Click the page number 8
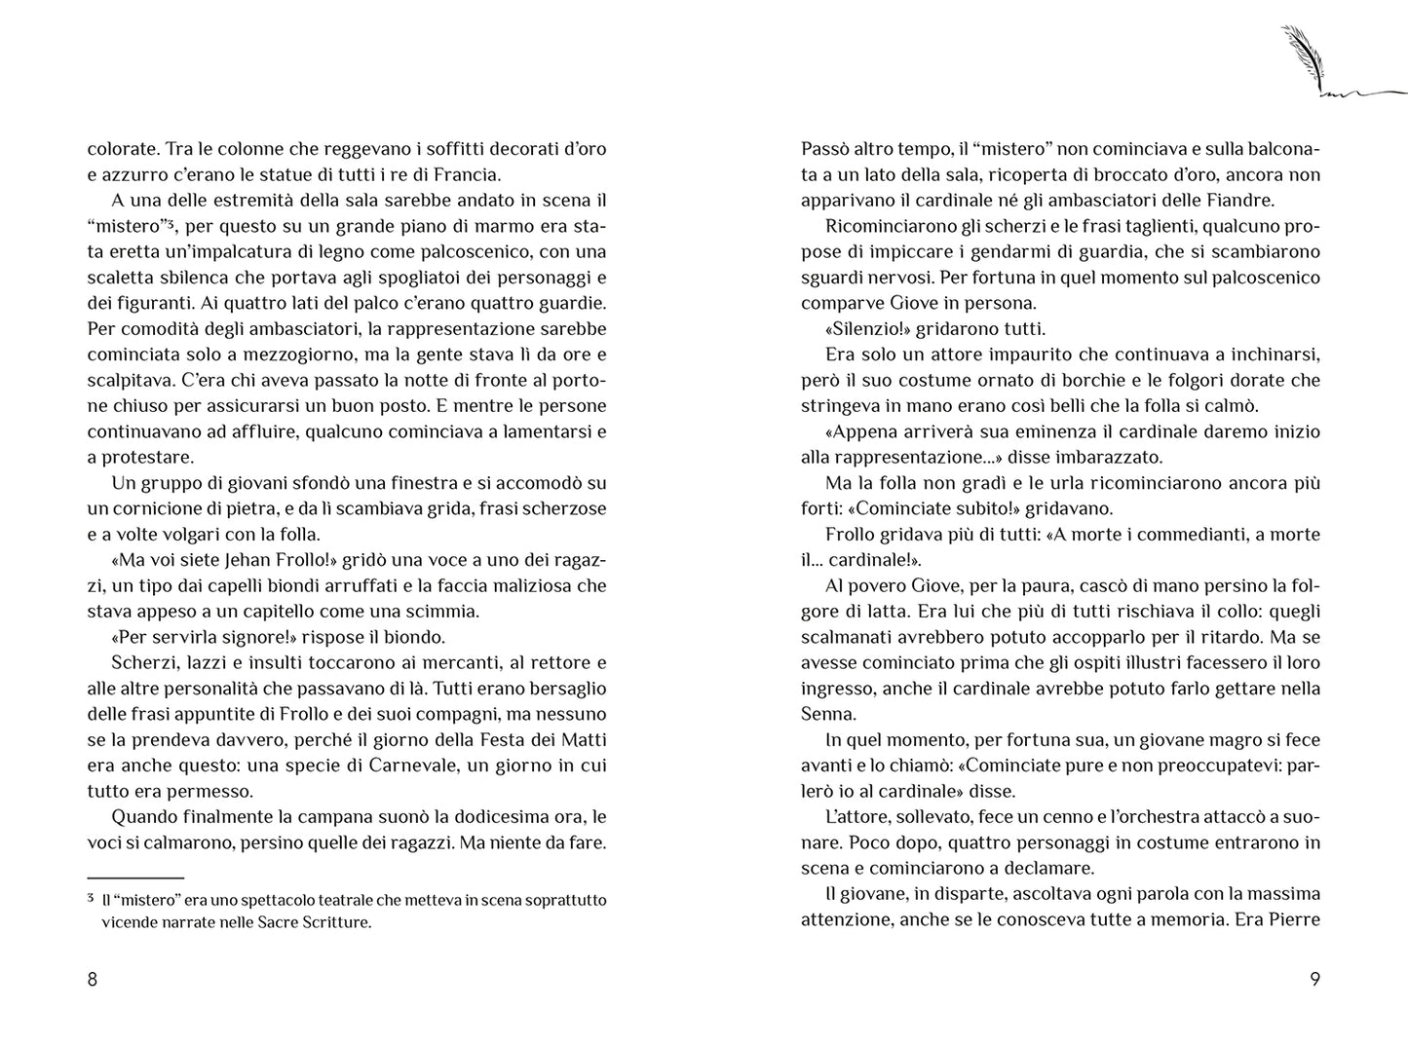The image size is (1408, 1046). (93, 980)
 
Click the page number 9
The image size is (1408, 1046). (1314, 980)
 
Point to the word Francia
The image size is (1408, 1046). (468, 175)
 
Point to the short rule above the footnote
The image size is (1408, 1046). (135, 878)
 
